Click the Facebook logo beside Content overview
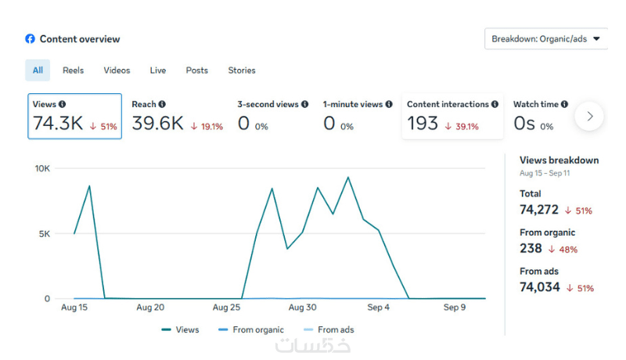pyautogui.click(x=30, y=38)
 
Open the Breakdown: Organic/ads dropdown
pyautogui.click(x=545, y=38)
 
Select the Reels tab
pyautogui.click(x=74, y=70)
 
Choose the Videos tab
pyautogui.click(x=117, y=70)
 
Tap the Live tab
pyautogui.click(x=158, y=70)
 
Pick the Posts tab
pyautogui.click(x=197, y=70)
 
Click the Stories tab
pyautogui.click(x=242, y=70)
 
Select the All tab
pyautogui.click(x=38, y=70)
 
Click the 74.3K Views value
pyautogui.click(x=57, y=124)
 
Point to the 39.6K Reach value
pyautogui.click(x=157, y=124)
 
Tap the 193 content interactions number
pyautogui.click(x=423, y=124)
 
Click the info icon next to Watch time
pyautogui.click(x=564, y=104)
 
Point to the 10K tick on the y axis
pyautogui.click(x=42, y=168)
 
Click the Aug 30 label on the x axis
pyautogui.click(x=302, y=308)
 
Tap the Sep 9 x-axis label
pyautogui.click(x=455, y=308)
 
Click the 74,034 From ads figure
pyautogui.click(x=540, y=287)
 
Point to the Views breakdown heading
pyautogui.click(x=559, y=160)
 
